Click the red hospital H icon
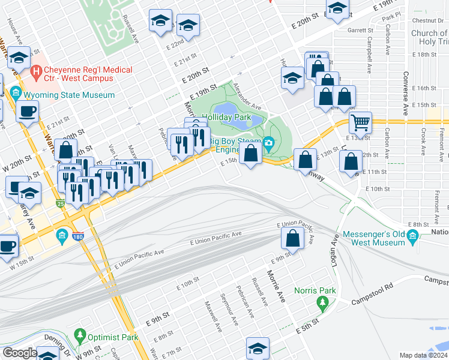(37, 74)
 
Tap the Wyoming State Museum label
(69, 95)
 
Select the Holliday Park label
(226, 118)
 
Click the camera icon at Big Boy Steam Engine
(268, 143)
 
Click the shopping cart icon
(360, 122)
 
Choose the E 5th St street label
(307, 328)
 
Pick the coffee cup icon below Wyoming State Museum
(28, 111)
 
